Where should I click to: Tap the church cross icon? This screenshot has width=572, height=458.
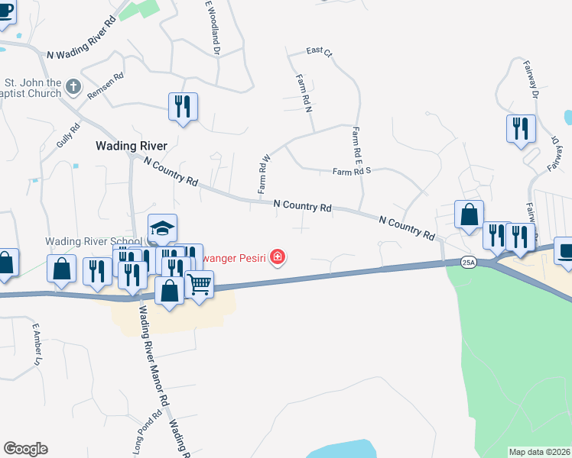73,86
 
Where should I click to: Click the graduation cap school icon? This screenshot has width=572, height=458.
162,227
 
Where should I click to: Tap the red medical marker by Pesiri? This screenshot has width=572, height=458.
278,258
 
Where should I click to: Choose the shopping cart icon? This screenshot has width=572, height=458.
199,285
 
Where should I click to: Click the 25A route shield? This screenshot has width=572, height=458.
469,262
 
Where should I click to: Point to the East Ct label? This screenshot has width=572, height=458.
319,52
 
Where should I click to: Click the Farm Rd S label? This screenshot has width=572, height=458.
351,172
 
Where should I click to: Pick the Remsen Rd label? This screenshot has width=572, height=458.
105,92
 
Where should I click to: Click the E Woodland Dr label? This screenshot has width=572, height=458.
212,27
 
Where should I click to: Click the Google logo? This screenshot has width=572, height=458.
25,448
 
